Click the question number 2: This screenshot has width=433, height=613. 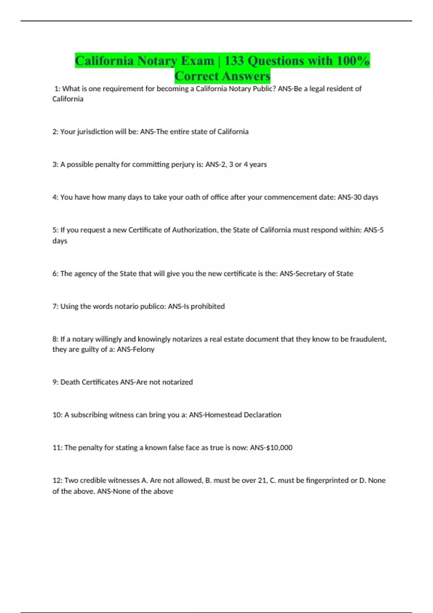pyautogui.click(x=56, y=132)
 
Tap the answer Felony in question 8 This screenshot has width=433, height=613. pyautogui.click(x=143, y=349)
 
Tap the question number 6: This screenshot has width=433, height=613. pyautogui.click(x=56, y=274)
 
